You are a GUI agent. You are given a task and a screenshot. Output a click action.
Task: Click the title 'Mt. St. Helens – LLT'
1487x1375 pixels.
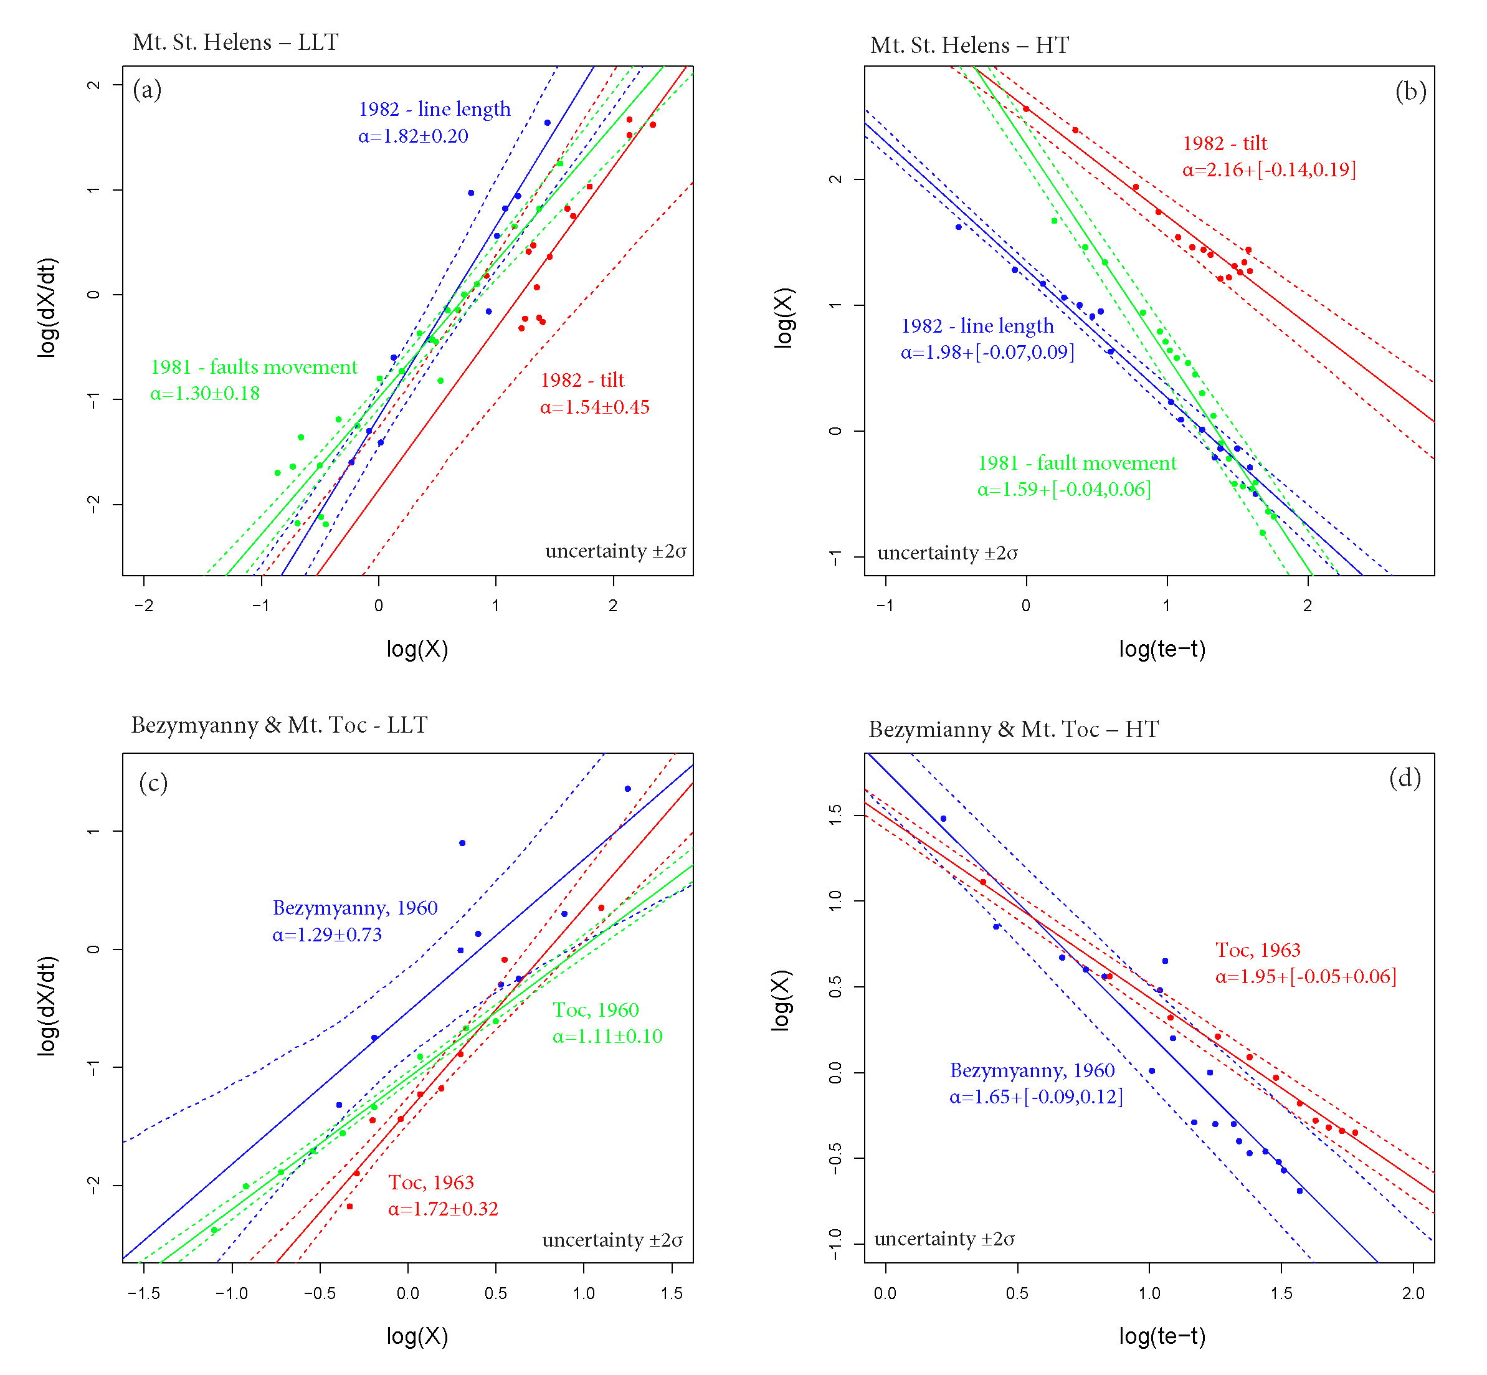pyautogui.click(x=235, y=42)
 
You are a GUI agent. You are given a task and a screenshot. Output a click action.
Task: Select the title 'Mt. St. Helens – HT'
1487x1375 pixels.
pyautogui.click(x=969, y=45)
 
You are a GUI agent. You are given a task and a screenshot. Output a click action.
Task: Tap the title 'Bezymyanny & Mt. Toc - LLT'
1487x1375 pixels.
pyautogui.click(x=279, y=725)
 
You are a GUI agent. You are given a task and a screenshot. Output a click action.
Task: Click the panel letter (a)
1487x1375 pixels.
pyautogui.click(x=146, y=90)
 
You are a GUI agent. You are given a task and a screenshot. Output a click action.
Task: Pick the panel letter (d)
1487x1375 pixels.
pyautogui.click(x=1404, y=778)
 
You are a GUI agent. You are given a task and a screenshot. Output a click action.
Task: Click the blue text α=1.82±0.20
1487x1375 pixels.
pyautogui.click(x=413, y=136)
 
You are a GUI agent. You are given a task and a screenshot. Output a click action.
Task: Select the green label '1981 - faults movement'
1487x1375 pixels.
pyautogui.click(x=254, y=367)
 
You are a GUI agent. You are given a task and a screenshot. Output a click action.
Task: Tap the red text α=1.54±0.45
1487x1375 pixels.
pyautogui.click(x=594, y=407)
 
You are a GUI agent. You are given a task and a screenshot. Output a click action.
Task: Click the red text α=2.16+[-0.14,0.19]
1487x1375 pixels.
pyautogui.click(x=1269, y=169)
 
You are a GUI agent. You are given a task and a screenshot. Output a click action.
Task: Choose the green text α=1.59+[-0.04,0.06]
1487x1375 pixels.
pyautogui.click(x=1064, y=490)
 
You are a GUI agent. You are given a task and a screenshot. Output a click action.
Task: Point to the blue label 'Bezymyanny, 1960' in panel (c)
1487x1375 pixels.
pyautogui.click(x=355, y=908)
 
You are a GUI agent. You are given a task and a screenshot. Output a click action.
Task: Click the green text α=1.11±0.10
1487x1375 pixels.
pyautogui.click(x=607, y=1037)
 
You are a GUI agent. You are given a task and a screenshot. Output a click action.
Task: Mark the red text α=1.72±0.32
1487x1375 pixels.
pyautogui.click(x=442, y=1209)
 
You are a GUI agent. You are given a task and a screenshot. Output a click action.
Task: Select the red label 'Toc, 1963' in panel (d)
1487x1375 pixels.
pyautogui.click(x=1258, y=950)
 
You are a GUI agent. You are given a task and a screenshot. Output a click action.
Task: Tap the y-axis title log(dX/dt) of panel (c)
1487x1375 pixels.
pyautogui.click(x=47, y=1005)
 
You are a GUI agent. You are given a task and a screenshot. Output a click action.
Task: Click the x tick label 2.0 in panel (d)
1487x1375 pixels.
pyautogui.click(x=1413, y=1293)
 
